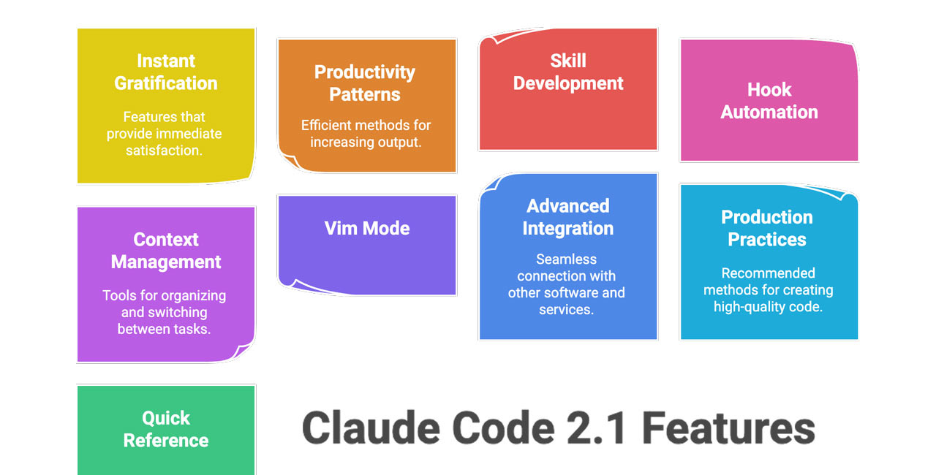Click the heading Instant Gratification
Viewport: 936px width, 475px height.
[x=166, y=72]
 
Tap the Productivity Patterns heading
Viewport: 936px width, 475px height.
[x=365, y=83]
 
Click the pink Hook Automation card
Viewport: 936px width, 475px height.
[x=769, y=101]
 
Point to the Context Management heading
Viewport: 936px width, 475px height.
[x=166, y=251]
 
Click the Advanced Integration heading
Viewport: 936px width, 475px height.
[x=568, y=217]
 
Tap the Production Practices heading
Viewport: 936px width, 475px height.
[x=767, y=228]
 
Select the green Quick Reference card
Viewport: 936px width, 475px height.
[x=166, y=429]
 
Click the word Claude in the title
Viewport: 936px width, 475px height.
[x=371, y=427]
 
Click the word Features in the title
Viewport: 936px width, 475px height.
[x=728, y=427]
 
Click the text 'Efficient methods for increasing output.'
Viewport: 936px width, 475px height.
[x=366, y=134]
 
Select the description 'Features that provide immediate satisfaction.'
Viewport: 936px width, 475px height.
[x=165, y=134]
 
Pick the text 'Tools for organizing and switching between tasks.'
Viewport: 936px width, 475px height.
[x=165, y=312]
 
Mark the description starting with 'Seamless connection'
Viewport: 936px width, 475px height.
[x=567, y=284]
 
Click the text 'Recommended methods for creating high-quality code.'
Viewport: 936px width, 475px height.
[x=769, y=290]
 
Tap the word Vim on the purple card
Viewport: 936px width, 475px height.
[x=341, y=228]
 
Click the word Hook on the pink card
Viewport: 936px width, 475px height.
[x=769, y=90]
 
